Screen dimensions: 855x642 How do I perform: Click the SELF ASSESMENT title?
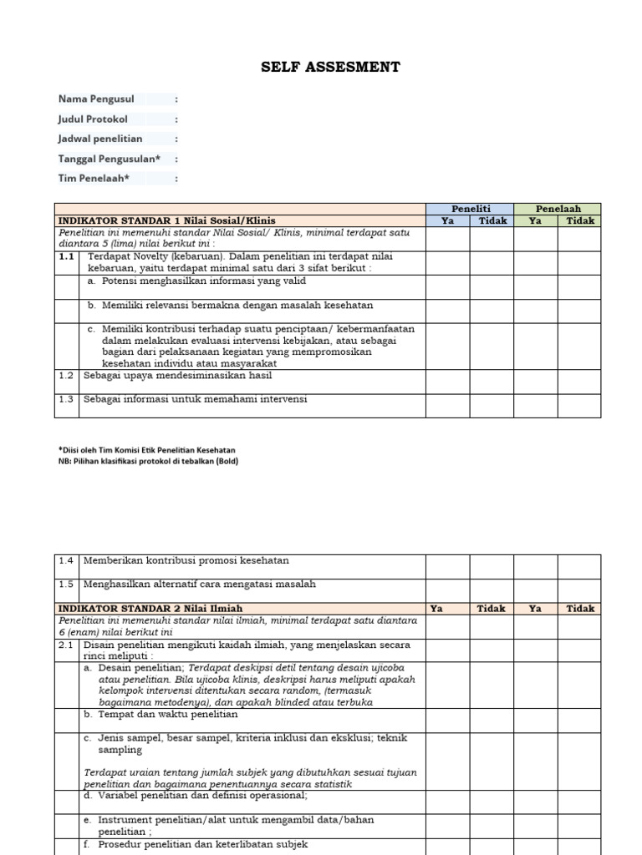pos(330,68)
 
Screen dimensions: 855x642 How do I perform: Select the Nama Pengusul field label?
pos(96,99)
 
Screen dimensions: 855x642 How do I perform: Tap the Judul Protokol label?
pos(93,119)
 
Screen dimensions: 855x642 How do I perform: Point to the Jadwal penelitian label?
pos(100,139)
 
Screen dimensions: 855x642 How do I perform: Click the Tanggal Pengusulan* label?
pos(109,159)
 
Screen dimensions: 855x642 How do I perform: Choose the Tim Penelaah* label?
pos(94,178)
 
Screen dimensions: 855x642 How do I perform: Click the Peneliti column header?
pos(470,209)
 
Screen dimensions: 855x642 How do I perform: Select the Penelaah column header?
pos(558,209)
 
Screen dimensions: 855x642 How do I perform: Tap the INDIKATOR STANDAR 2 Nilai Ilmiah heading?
pos(150,609)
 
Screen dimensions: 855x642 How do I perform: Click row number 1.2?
pos(67,377)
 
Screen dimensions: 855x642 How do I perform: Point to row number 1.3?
pos(67,400)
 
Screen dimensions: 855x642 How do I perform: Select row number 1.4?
pos(67,561)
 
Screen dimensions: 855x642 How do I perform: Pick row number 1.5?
pos(67,584)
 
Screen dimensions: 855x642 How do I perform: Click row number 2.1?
pos(67,646)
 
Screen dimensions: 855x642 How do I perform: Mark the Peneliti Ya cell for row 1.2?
pos(447,382)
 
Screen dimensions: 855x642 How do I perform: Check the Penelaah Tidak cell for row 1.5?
pos(578,590)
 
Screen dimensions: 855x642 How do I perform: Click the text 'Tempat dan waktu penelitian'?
pos(167,715)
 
